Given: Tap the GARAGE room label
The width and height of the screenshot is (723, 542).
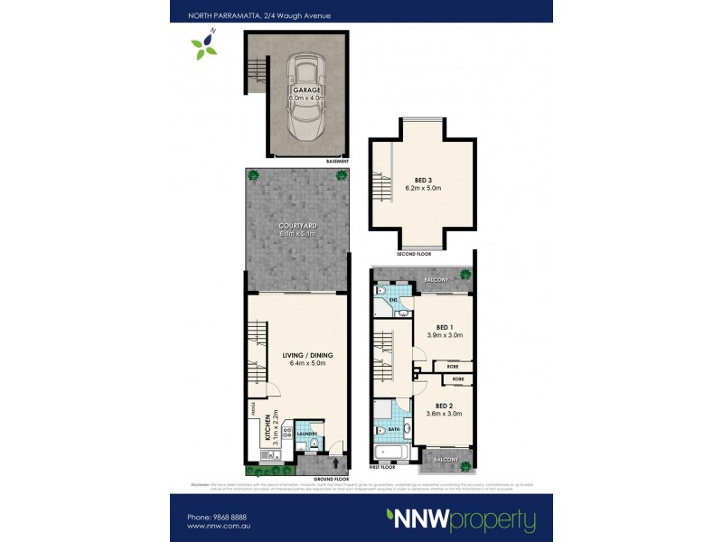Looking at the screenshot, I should coord(305,92).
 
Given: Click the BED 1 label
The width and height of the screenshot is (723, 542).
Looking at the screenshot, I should coord(444,327).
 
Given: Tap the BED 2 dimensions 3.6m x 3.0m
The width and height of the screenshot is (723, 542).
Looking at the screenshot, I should coord(444,414).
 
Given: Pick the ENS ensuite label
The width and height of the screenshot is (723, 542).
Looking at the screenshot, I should coord(394,298).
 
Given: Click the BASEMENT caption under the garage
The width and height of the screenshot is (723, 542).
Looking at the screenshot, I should coord(339,161).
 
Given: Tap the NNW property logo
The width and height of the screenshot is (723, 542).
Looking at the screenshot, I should coord(461,520).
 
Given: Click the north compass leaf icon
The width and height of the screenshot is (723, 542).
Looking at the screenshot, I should coord(204,45).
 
